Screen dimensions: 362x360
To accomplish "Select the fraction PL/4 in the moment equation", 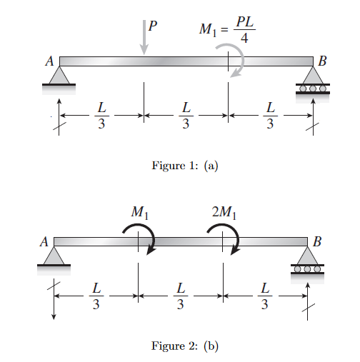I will click(244, 31).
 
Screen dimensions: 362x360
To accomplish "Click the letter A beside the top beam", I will click(50, 62).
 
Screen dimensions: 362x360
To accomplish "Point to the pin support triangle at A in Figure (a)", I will click(59, 76).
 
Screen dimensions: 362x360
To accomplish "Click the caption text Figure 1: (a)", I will click(184, 166).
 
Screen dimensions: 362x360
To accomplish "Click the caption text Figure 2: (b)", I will click(184, 346).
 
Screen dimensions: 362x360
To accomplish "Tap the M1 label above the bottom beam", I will click(141, 212).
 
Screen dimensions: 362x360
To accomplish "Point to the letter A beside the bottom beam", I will click(44, 242).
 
